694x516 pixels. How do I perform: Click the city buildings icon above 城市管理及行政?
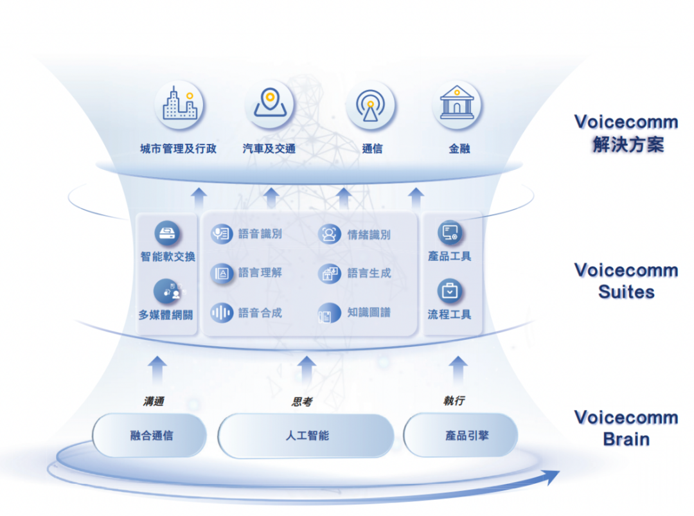[179, 105]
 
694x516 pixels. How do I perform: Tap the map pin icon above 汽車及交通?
[269, 105]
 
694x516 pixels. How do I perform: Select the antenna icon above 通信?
[370, 105]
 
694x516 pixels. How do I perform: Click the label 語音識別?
[260, 235]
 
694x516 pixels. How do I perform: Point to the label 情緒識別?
[369, 235]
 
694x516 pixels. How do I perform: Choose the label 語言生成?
[369, 273]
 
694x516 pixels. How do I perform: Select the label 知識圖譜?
[369, 313]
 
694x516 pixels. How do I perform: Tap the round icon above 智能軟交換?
[168, 233]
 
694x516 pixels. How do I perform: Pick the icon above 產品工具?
[450, 233]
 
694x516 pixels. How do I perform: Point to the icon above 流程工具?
[450, 291]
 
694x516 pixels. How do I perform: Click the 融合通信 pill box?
[150, 436]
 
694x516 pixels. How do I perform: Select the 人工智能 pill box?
[307, 436]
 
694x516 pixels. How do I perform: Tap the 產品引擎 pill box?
[460, 436]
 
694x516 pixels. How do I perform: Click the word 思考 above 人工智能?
[302, 402]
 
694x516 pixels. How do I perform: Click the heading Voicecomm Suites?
[626, 281]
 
